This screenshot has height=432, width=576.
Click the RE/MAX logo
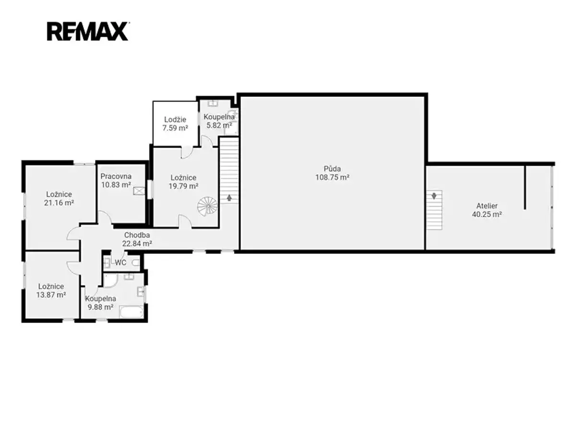87,31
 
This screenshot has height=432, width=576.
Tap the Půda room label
332,168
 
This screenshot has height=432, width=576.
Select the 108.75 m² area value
332,177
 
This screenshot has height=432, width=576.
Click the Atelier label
487,205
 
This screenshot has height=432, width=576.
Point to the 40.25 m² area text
487,214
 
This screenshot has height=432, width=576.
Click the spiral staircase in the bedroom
207,206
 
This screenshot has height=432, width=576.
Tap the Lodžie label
175,120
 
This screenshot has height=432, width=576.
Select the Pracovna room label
116,176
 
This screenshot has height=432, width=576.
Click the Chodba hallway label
137,235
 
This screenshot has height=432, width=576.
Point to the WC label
120,263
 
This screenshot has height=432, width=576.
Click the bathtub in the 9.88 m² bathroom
132,312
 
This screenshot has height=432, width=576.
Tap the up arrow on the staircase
229,197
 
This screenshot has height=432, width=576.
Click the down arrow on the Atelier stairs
434,196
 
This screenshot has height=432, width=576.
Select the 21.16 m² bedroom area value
59,203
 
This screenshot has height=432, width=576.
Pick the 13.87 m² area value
51,295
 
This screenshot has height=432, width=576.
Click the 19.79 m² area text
183,186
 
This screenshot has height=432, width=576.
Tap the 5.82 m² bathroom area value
219,125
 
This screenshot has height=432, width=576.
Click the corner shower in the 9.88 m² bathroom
110,280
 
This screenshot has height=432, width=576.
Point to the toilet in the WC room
136,263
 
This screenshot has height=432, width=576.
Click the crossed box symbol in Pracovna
139,191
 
